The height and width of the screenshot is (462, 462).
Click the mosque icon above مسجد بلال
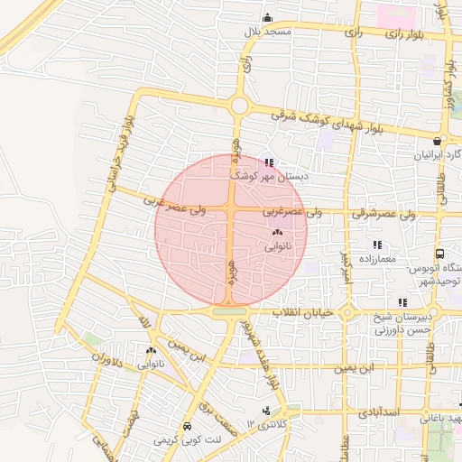(267, 18)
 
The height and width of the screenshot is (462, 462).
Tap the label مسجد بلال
(268, 32)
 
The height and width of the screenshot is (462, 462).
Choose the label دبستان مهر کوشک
(272, 177)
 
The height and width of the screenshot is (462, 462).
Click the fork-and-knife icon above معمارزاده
(377, 245)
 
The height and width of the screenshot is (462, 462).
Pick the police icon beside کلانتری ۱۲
(265, 411)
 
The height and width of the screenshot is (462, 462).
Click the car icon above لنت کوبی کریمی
(186, 426)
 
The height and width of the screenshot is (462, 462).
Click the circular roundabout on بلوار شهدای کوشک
(239, 106)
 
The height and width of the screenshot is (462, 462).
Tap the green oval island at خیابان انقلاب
(229, 312)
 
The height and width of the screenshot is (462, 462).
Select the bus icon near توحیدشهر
(439, 254)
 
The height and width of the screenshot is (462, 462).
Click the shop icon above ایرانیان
(438, 141)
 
